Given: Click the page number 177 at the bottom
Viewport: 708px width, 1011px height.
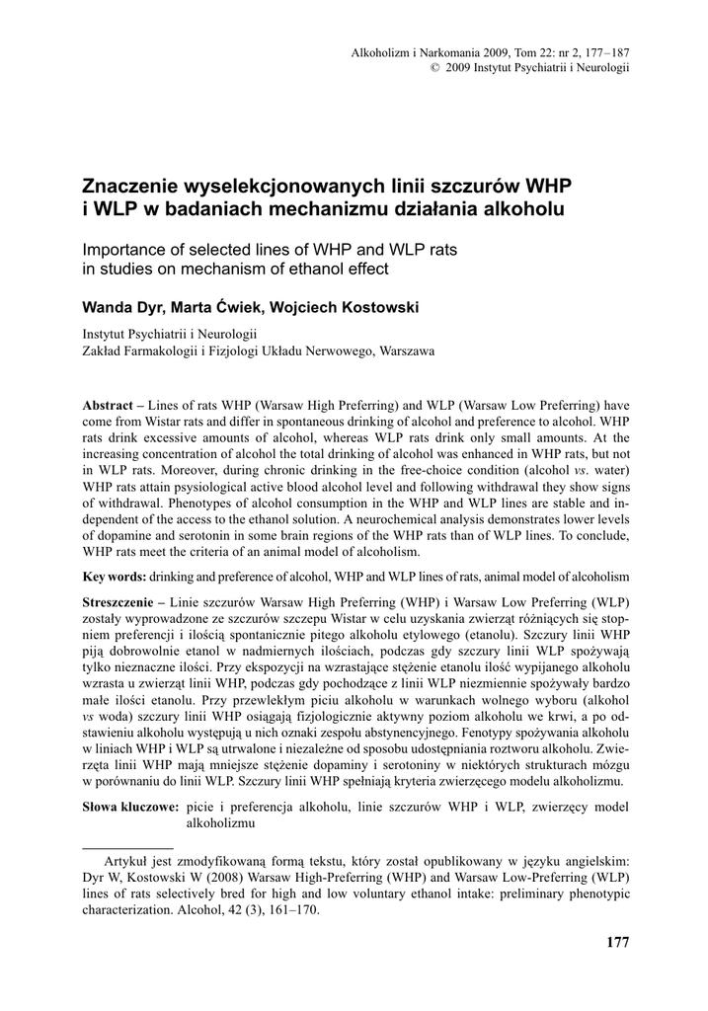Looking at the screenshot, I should point(617,942).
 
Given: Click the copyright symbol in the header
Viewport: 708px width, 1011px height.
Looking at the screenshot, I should point(433,67).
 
